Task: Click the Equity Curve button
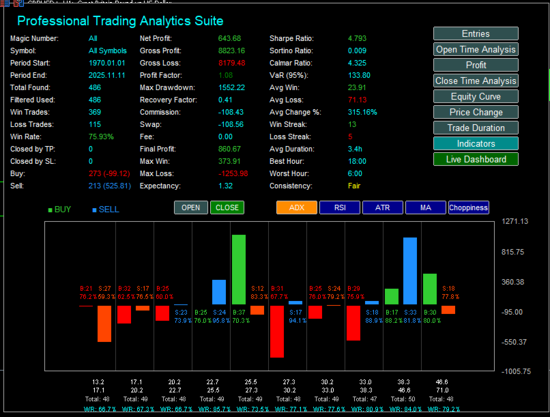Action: tap(476, 96)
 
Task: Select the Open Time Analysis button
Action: tap(476, 49)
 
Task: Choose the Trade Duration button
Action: tap(476, 128)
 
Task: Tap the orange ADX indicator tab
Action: tap(297, 207)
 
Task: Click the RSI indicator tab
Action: tap(340, 207)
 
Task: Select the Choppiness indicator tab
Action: tap(468, 207)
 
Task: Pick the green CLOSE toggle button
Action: tap(227, 207)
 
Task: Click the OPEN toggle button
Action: tap(191, 207)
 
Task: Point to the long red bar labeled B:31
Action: tap(276, 331)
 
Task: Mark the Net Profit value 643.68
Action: tap(230, 38)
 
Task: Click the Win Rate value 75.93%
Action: tap(102, 136)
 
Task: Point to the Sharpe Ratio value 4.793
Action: tap(358, 38)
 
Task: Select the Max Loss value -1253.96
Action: tap(233, 173)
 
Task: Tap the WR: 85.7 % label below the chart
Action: tap(211, 409)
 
